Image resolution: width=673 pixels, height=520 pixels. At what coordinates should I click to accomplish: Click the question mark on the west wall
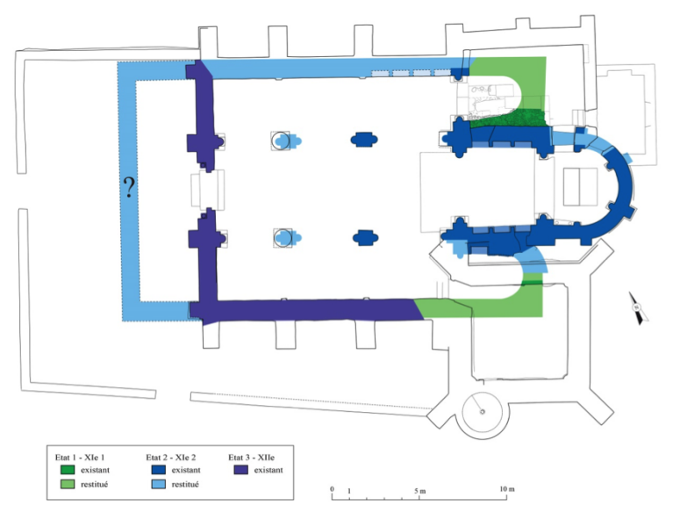click(x=129, y=187)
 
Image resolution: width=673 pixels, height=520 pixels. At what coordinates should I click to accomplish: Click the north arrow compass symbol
click(x=639, y=308)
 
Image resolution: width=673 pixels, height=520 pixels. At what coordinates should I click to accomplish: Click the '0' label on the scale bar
click(x=333, y=488)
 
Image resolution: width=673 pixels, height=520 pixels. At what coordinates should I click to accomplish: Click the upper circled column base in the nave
click(x=282, y=140)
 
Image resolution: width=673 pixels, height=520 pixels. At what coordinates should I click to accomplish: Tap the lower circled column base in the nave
click(x=282, y=236)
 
